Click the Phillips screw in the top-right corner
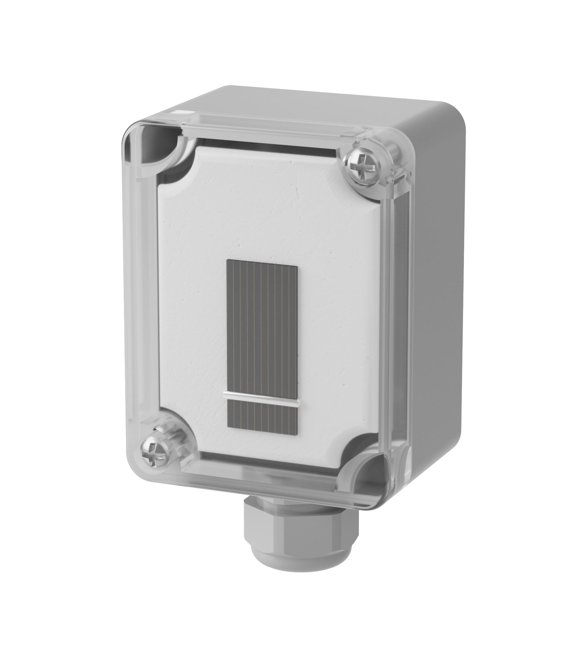pos(362,167)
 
